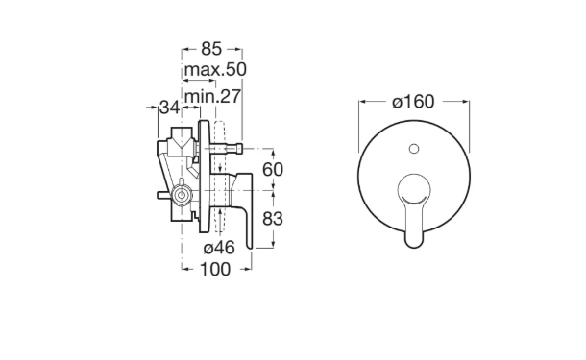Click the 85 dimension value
[x=211, y=49]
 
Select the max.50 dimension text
[x=215, y=69]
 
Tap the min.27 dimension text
[x=212, y=97]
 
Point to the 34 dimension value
[x=170, y=108]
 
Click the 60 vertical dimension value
[x=273, y=170]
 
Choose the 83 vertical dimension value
[x=273, y=219]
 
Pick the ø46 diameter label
[x=219, y=248]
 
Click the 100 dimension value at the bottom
[x=215, y=269]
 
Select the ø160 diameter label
[x=413, y=102]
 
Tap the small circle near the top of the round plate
[x=414, y=149]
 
